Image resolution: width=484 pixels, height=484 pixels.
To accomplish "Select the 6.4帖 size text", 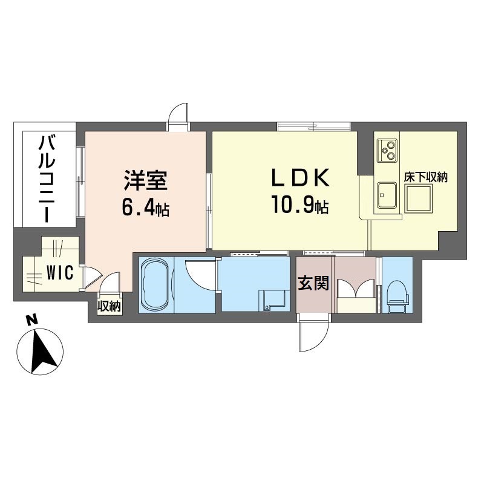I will (146, 209).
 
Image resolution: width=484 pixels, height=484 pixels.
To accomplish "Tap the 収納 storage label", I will (110, 306).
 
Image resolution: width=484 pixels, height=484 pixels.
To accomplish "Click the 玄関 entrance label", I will (313, 283).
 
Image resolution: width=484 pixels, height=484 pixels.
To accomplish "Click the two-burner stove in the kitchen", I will (387, 151).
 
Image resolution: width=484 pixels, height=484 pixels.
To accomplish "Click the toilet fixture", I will (397, 296).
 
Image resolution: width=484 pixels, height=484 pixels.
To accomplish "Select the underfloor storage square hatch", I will (419, 198).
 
